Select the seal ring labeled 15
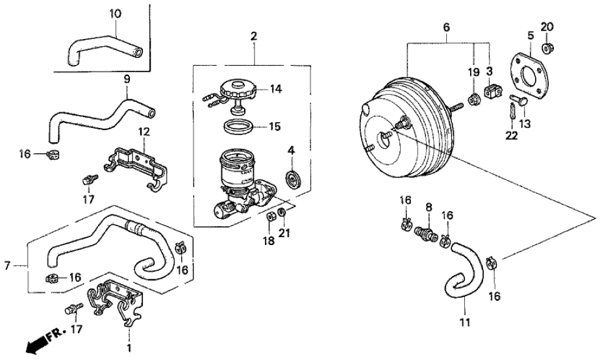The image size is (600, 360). tap(240, 125)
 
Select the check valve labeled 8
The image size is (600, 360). tap(426, 231)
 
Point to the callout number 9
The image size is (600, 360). tap(127, 79)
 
